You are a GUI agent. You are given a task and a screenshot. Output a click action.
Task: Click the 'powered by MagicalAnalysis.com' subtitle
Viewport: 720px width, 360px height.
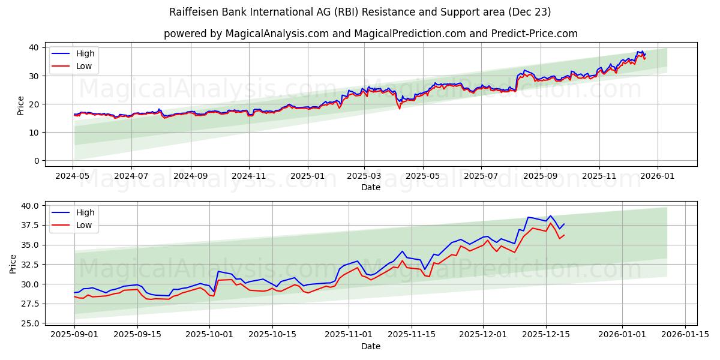coord(370,34)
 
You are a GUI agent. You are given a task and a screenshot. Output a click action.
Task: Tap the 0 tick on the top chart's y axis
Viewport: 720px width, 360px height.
coord(35,161)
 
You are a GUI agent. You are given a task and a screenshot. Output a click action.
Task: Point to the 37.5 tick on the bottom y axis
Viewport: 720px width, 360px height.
coord(29,225)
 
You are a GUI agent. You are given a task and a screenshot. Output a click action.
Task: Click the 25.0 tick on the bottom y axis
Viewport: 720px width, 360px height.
coord(29,323)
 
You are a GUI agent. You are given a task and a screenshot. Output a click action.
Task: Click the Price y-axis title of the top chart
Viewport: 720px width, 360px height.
coord(21,105)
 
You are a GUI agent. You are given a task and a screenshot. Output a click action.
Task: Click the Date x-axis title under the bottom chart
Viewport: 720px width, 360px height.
coord(370,346)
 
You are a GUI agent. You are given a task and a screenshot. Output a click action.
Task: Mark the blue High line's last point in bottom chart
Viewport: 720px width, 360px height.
coord(564,224)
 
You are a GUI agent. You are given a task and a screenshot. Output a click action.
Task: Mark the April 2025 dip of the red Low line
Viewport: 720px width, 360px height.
coord(400,109)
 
